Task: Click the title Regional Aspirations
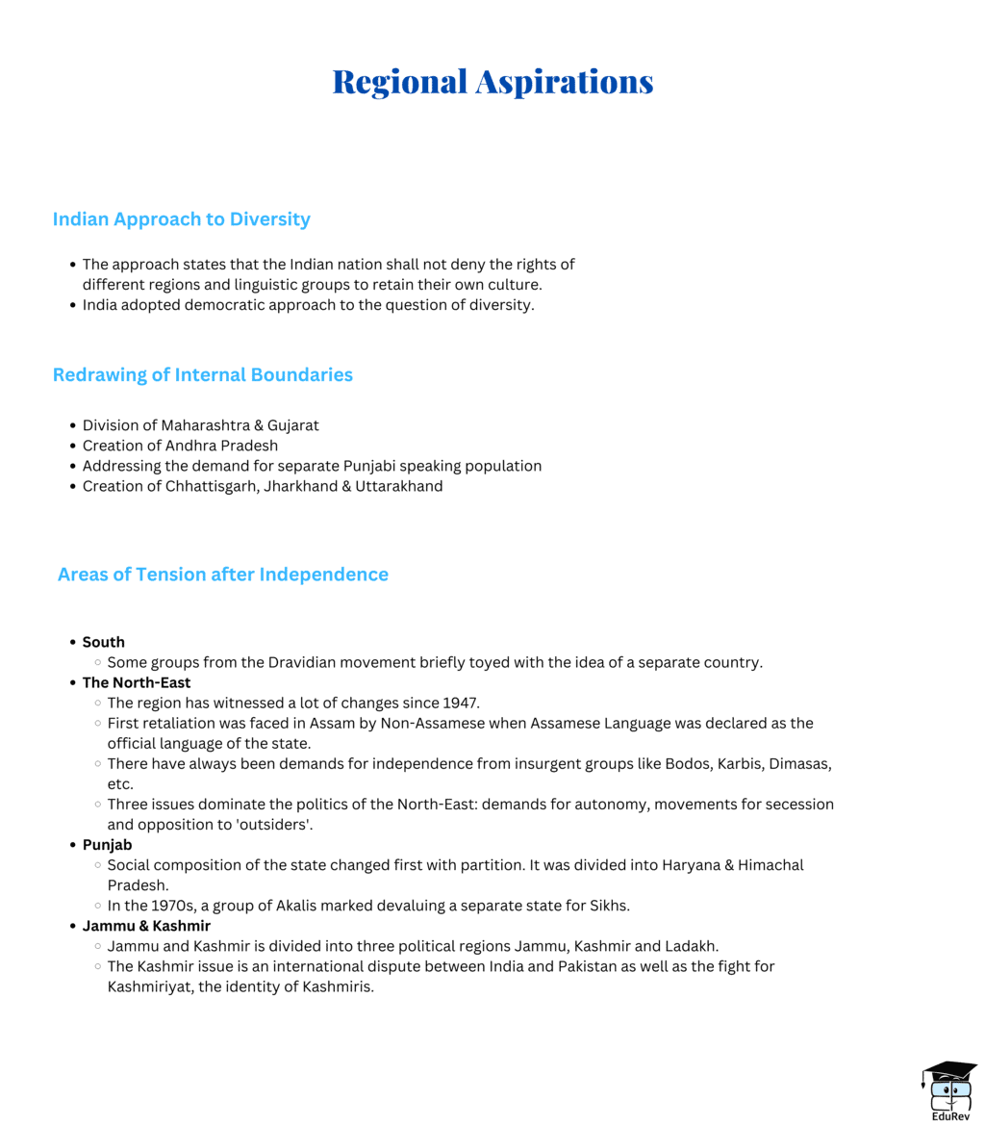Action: tap(492, 82)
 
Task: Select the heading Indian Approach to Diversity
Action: tap(181, 219)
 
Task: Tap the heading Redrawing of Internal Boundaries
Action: tap(202, 374)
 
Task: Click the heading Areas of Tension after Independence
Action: tap(222, 575)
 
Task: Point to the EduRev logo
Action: tap(948, 1090)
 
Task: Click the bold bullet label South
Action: tap(103, 642)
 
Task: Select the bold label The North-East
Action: tap(136, 683)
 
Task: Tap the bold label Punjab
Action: tap(107, 844)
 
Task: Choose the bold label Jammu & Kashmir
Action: tap(146, 926)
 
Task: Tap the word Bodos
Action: tap(689, 763)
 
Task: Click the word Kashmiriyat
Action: tap(150, 986)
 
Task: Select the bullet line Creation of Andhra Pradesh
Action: tap(180, 446)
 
